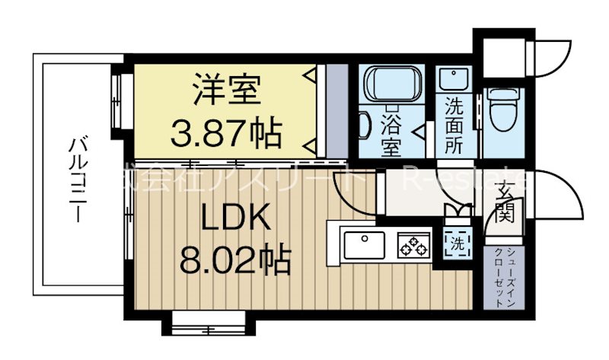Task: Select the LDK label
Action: click(235, 220)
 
